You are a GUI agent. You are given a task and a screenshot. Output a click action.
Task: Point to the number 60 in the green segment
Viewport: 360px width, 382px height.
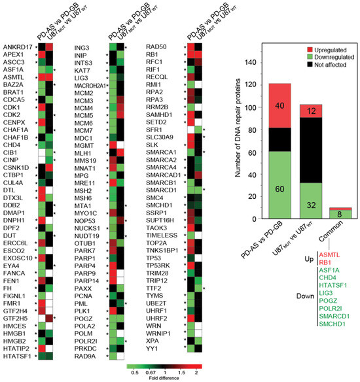[279, 189]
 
